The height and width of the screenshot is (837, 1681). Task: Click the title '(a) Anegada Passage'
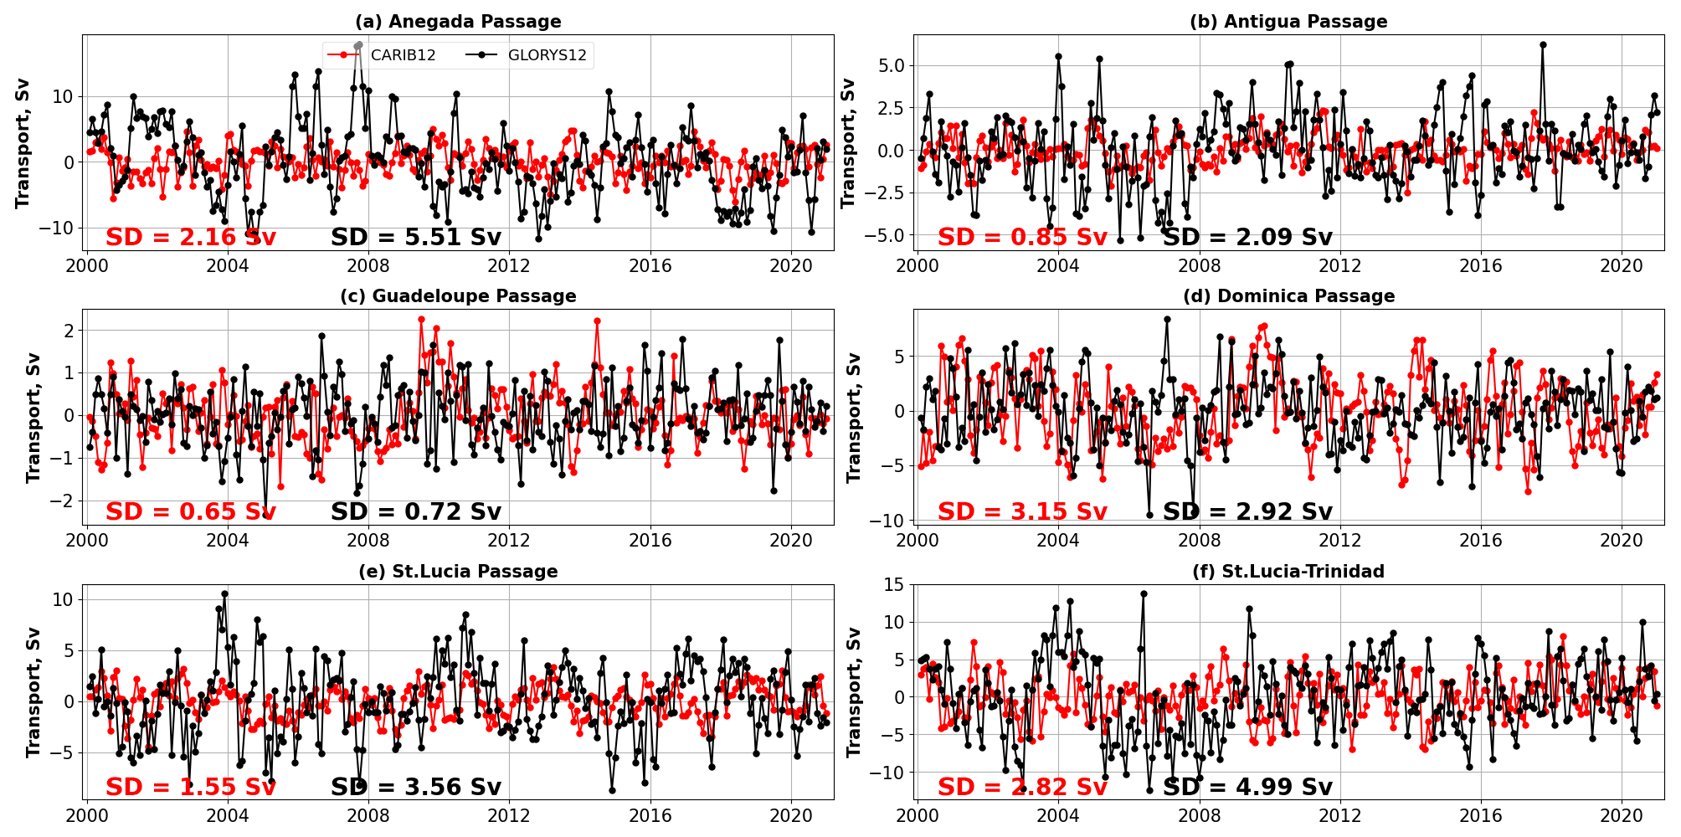458,22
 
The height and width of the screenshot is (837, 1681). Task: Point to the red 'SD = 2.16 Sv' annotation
191,238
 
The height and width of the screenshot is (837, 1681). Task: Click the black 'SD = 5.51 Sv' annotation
416,238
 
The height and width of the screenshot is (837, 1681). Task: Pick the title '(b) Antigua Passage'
1288,22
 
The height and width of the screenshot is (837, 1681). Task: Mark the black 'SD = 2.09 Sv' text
1247,238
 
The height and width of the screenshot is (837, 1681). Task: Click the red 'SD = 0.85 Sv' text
1022,238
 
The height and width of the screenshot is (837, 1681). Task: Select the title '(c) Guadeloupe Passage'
458,296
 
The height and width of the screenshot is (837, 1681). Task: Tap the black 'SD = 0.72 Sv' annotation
416,512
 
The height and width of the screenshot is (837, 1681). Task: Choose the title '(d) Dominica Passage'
1288,296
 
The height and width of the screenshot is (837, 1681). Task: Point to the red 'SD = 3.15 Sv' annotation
1022,512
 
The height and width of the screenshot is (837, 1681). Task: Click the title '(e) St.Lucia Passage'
458,572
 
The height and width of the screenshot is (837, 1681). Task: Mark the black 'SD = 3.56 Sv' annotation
416,788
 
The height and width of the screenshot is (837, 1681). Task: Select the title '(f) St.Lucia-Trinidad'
1288,572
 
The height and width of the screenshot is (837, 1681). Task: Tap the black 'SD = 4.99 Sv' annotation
1247,788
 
